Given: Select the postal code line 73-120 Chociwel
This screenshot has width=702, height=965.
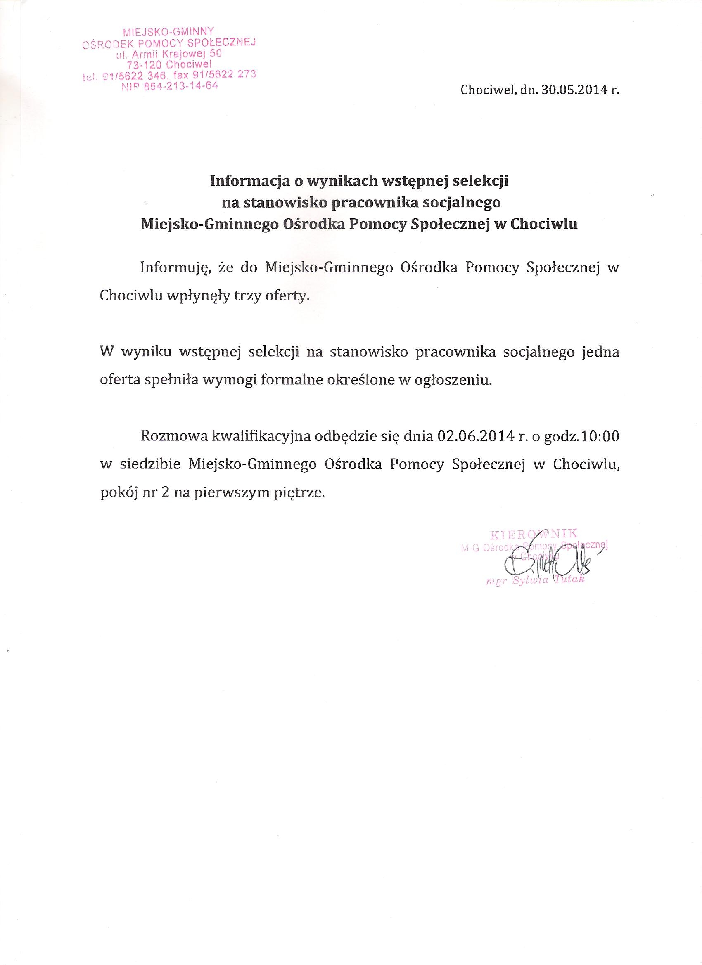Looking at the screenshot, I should coord(169,64).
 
